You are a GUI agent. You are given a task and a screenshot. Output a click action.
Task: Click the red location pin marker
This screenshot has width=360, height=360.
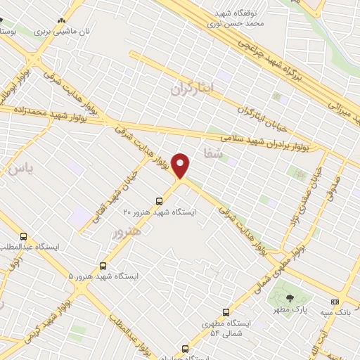[181, 166]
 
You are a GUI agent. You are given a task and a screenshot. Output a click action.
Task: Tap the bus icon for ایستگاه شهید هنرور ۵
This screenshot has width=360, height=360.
[103, 266]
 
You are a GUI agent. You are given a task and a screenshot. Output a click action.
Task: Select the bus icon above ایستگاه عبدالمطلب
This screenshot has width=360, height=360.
[25, 236]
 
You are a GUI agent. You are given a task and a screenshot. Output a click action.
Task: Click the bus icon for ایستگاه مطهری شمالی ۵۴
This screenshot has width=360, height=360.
[226, 311]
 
